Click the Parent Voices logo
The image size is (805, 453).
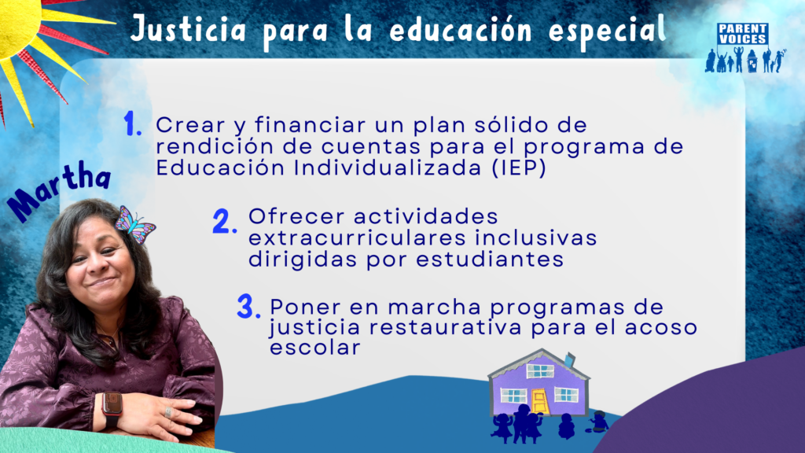(745, 47)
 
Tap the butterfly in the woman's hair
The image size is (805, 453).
(134, 224)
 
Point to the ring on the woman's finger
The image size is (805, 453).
(168, 412)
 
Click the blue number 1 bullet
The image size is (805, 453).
(132, 124)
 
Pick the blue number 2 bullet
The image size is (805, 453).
(225, 221)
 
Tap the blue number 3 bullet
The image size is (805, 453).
(248, 307)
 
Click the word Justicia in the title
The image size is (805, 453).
(188, 29)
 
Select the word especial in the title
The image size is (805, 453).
(607, 31)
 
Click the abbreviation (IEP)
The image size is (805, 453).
(519, 168)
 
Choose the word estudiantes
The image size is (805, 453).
(490, 260)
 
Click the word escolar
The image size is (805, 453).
(315, 347)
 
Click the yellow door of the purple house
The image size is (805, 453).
(539, 401)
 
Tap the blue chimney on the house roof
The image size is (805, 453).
(569, 360)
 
